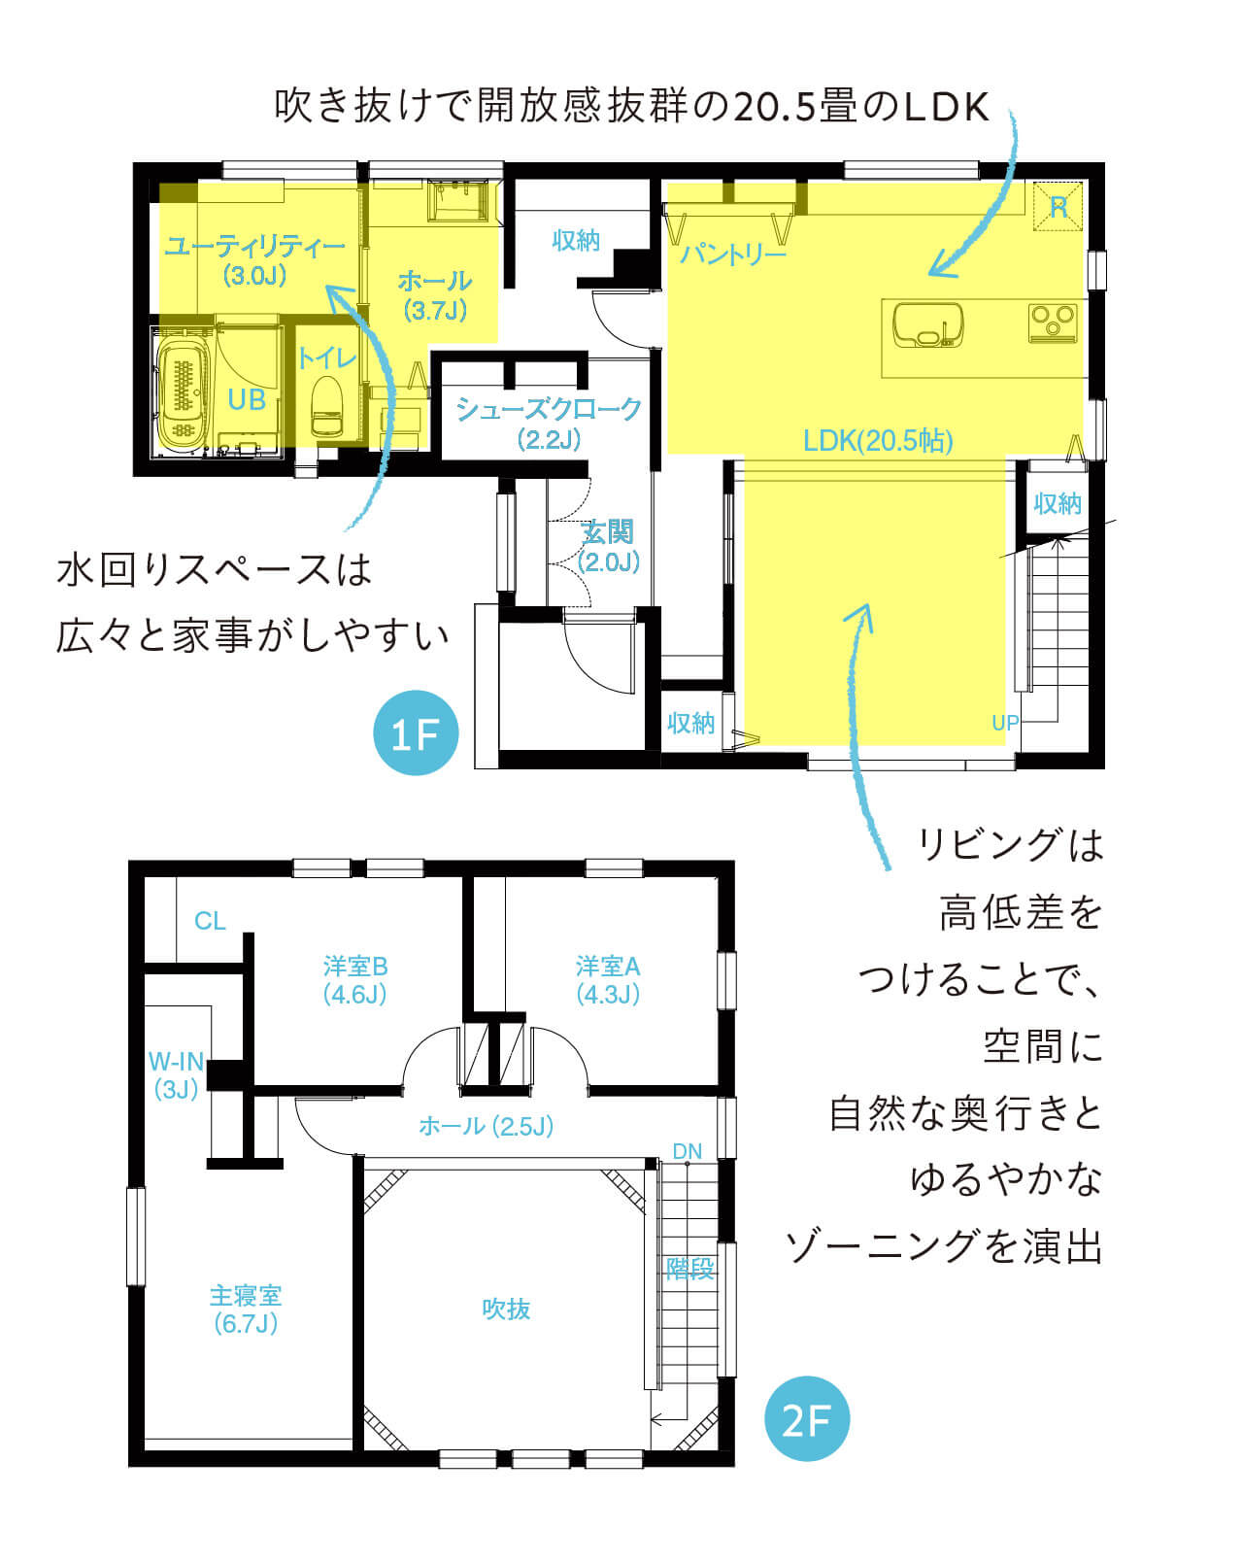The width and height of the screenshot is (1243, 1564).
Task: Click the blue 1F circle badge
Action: [416, 732]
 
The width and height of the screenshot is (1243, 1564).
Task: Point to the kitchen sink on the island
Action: [927, 324]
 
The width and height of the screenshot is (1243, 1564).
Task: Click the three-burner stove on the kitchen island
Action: [1053, 323]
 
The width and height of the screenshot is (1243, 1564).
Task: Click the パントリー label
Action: [732, 254]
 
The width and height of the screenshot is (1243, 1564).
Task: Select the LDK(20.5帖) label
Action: [878, 440]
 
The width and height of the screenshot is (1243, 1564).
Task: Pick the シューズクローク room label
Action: [550, 409]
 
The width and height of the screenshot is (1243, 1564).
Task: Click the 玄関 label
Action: [608, 532]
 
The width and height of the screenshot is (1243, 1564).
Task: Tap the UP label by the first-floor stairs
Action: [1005, 723]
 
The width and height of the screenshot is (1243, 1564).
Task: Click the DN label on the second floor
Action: [688, 1151]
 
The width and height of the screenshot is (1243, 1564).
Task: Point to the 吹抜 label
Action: [506, 1309]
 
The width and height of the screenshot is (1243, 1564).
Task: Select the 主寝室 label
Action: [246, 1295]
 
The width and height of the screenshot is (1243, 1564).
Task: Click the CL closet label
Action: [210, 921]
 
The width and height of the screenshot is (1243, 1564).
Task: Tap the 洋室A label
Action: [608, 967]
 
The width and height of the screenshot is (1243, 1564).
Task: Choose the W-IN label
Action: [176, 1062]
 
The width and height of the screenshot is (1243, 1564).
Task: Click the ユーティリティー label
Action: [254, 247]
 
